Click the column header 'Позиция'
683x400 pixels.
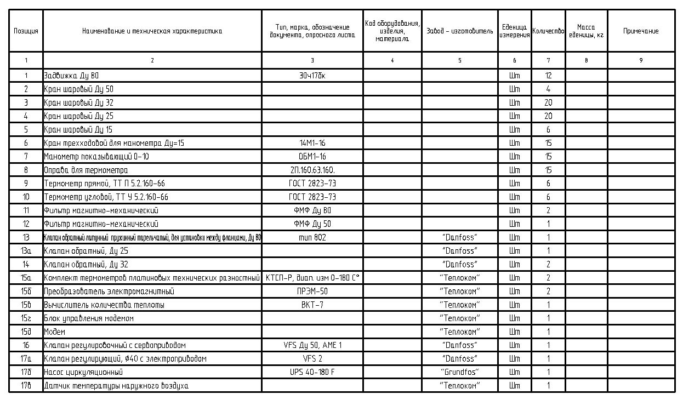pyautogui.click(x=26, y=31)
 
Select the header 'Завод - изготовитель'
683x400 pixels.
pyautogui.click(x=460, y=31)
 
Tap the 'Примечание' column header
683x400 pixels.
pyautogui.click(x=641, y=31)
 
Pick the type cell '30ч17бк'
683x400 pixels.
pyautogui.click(x=312, y=76)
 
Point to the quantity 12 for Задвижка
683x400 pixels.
pyautogui.click(x=548, y=76)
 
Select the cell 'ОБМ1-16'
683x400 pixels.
pyautogui.click(x=312, y=157)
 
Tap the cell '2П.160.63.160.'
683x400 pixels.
pyautogui.click(x=312, y=170)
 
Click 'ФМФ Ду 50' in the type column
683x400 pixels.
pyautogui.click(x=312, y=224)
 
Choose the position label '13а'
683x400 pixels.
pyautogui.click(x=26, y=251)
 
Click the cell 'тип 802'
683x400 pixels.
pyautogui.click(x=312, y=237)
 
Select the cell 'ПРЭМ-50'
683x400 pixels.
pyautogui.click(x=312, y=292)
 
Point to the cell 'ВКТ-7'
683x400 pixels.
pyautogui.click(x=312, y=305)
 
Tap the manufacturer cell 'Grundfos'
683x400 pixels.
pyautogui.click(x=460, y=373)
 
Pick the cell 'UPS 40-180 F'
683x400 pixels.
pyautogui.click(x=312, y=373)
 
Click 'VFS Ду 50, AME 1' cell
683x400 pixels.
pyautogui.click(x=312, y=345)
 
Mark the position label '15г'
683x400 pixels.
pyautogui.click(x=26, y=318)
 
